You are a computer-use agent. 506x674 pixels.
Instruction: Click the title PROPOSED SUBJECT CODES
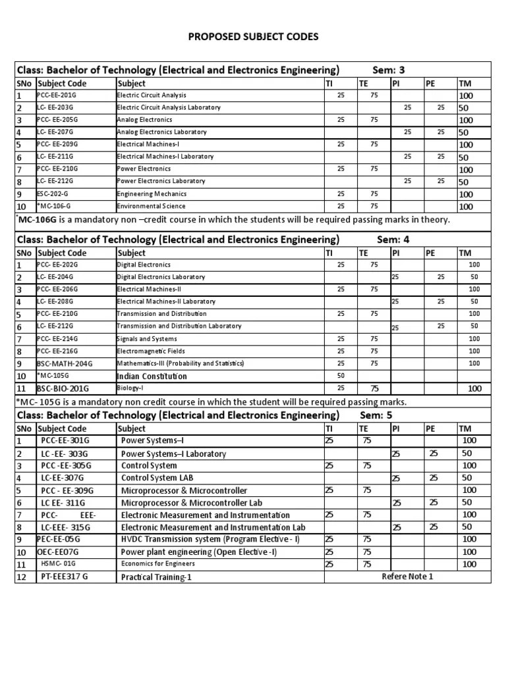coord(253,36)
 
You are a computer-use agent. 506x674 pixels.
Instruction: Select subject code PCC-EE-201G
coord(57,95)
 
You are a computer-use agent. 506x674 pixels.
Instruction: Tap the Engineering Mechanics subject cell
coord(152,194)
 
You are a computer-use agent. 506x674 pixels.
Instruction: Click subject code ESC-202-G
coord(56,194)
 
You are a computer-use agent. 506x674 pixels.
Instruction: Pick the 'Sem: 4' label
coord(393,239)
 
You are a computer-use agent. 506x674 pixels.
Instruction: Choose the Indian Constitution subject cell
coord(152,376)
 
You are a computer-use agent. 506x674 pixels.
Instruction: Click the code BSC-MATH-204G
coord(65,363)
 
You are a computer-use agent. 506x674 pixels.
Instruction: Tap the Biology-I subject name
coord(130,388)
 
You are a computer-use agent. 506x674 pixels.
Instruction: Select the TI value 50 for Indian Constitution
coord(341,376)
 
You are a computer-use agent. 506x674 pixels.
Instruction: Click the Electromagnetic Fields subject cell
coord(150,351)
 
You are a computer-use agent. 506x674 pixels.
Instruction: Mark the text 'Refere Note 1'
coord(407,577)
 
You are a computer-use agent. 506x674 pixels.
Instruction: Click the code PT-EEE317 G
coord(64,577)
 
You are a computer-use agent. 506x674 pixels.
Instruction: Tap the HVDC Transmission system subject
coord(210,539)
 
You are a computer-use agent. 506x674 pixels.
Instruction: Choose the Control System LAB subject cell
coord(157,477)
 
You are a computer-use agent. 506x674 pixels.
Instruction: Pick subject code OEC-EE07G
coord(57,552)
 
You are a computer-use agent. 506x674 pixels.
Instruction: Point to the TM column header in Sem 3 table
coord(465,84)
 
